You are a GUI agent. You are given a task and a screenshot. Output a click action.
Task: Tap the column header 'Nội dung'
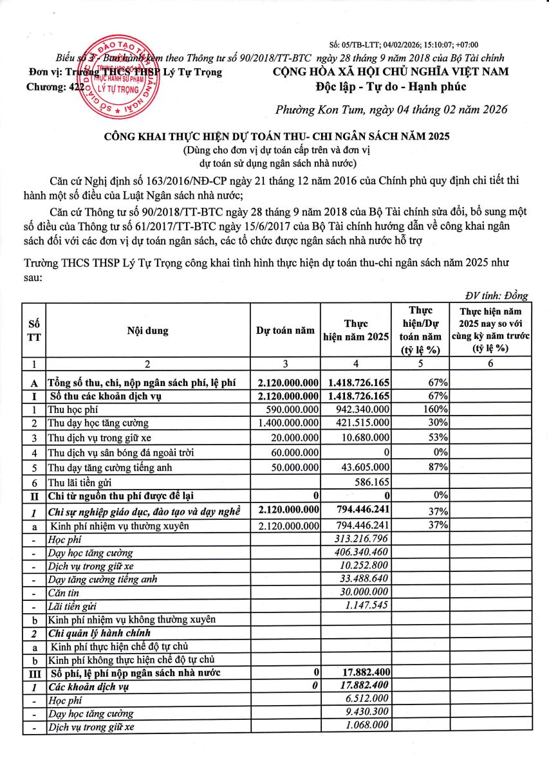(147, 331)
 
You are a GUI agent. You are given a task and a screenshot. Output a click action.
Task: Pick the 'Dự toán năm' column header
(285, 331)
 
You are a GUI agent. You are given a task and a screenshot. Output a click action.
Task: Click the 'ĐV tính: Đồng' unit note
(496, 296)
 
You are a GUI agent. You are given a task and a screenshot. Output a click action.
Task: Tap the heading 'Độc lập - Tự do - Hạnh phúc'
(391, 87)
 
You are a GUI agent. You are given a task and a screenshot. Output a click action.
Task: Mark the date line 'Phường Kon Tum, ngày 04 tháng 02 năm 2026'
(391, 109)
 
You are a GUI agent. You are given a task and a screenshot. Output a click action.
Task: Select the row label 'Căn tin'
(62, 591)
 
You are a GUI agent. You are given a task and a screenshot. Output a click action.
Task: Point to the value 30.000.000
(366, 591)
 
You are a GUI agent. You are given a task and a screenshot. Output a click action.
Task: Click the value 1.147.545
(368, 605)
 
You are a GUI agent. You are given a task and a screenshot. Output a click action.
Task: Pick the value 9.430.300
(368, 712)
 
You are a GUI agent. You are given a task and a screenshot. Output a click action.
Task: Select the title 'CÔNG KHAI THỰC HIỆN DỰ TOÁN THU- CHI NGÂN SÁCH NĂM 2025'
(276, 137)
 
